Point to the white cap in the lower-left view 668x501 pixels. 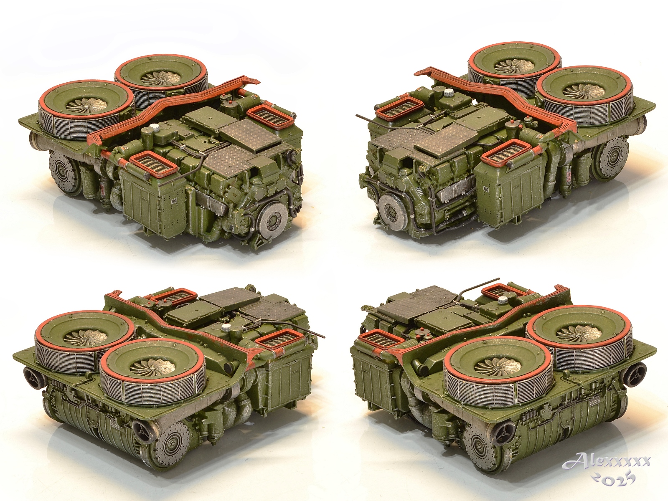(x=226, y=327)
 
